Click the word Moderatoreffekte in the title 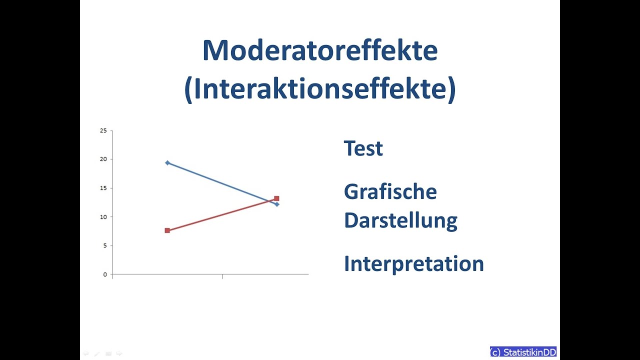[320, 50]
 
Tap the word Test [363, 148]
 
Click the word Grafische [390, 192]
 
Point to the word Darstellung [400, 220]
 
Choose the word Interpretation [413, 264]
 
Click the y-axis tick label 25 [103, 130]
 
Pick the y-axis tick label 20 [103, 159]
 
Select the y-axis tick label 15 [103, 188]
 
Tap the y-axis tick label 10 [103, 217]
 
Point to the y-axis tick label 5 [105, 246]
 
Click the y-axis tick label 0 [105, 274]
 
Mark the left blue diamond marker [167, 162]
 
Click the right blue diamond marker [277, 204]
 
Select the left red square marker [167, 230]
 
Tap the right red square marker [276, 198]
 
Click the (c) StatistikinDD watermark [523, 352]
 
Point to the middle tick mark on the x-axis [222, 276]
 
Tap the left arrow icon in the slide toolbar [85, 353]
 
